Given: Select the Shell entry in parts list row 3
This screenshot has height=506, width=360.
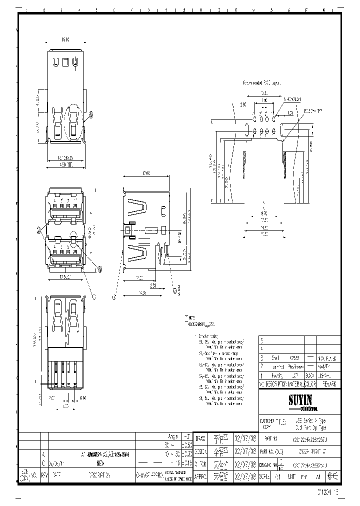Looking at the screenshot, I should pyautogui.click(x=275, y=358).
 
